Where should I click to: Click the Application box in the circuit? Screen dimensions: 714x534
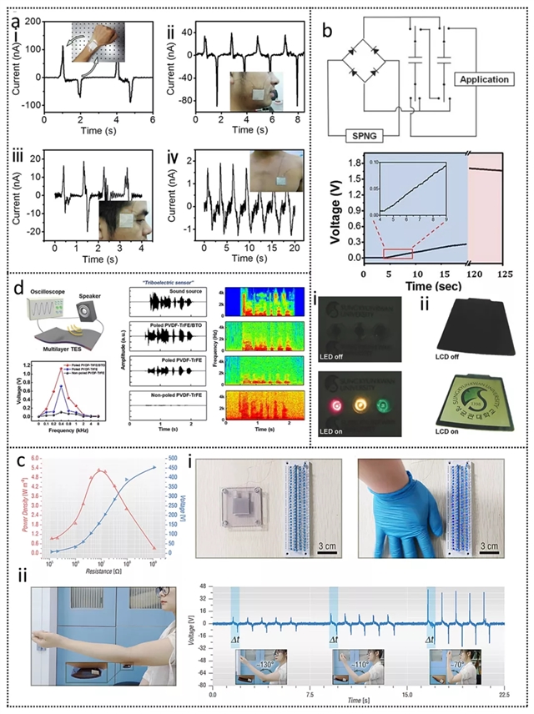485,79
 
